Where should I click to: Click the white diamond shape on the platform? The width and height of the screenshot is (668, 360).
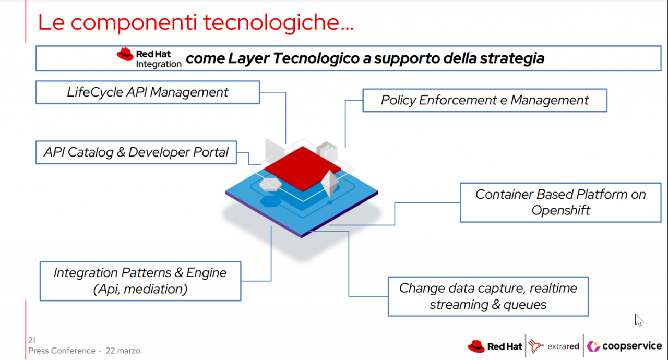point(329,184)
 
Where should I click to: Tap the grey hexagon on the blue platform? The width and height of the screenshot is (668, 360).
point(270,185)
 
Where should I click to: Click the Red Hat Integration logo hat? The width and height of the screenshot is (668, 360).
point(125,54)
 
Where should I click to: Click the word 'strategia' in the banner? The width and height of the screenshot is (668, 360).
point(512,58)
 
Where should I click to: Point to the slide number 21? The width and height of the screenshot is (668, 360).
point(32,340)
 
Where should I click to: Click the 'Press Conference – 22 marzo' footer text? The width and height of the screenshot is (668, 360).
point(84,351)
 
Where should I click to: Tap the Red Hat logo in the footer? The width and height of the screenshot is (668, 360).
point(495,346)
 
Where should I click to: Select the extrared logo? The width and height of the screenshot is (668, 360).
point(554,346)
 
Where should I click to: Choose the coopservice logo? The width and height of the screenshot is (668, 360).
point(624,346)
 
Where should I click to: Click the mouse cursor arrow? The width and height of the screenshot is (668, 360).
point(638,320)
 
